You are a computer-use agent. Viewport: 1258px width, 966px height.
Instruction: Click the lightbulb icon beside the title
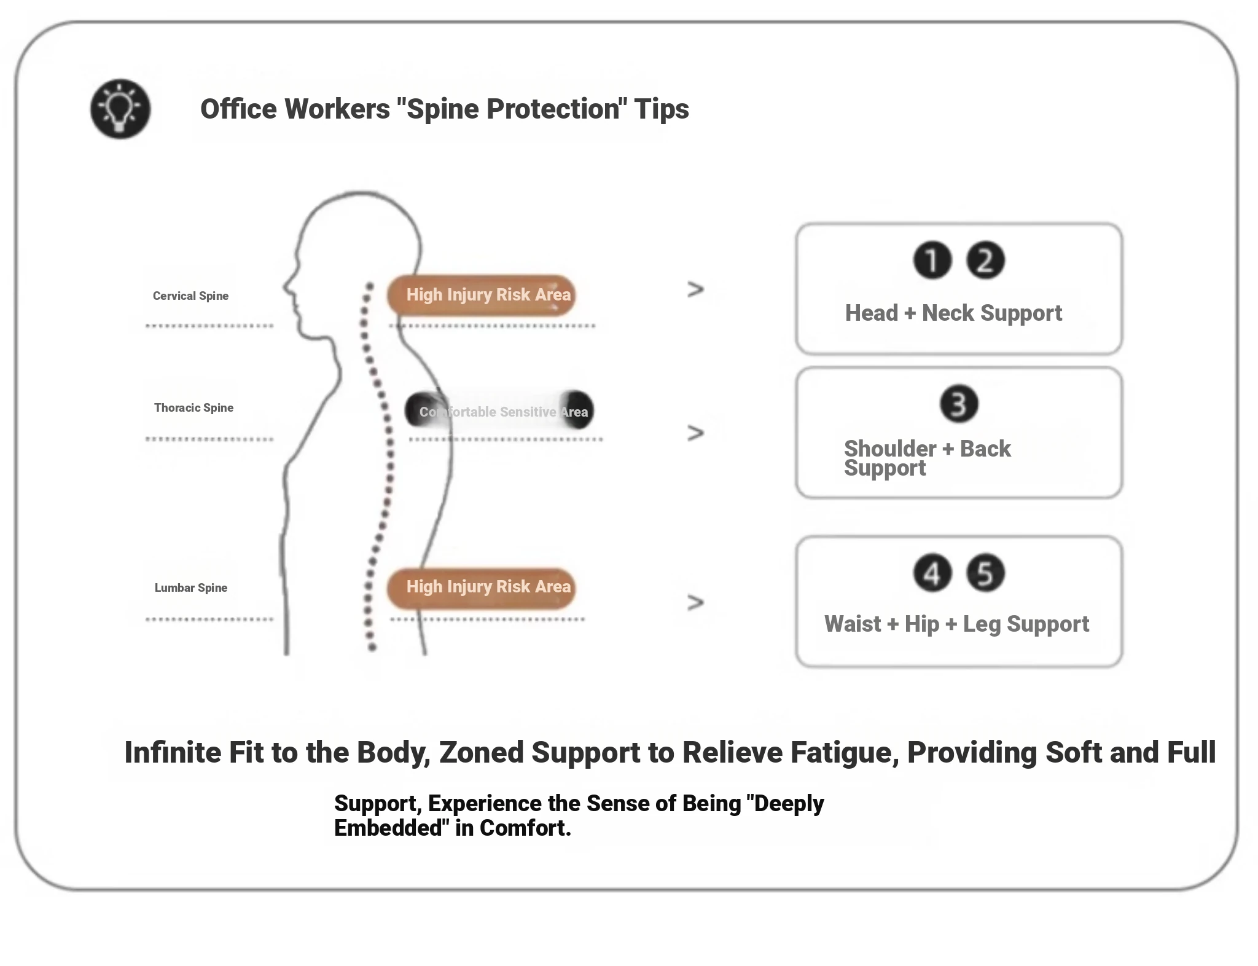pos(120,109)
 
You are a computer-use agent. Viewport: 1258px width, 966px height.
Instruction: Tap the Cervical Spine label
pos(190,296)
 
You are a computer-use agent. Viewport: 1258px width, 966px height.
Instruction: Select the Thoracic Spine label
pos(193,408)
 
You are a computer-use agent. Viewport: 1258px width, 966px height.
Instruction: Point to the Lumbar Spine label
pos(191,588)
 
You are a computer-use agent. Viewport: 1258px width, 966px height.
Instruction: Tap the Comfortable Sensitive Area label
pos(499,412)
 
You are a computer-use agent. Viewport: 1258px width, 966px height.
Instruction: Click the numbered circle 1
pos(932,261)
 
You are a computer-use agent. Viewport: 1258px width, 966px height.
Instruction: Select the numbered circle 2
pos(985,261)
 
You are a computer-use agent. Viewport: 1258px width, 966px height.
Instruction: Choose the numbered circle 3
pos(959,404)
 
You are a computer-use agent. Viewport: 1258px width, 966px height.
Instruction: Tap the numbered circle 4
pos(932,573)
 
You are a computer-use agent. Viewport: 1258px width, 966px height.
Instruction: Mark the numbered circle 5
pos(985,573)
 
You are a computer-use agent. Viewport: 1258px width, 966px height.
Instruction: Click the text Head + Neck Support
pos(953,313)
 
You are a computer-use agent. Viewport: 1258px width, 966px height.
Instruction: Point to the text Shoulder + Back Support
pos(927,458)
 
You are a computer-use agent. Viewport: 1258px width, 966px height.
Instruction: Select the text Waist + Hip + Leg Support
pos(956,624)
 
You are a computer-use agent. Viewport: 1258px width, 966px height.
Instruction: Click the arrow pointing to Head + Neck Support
pos(695,289)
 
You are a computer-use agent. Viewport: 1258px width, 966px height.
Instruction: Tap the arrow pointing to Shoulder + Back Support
pos(695,433)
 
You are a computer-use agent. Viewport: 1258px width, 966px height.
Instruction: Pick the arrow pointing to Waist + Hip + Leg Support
pos(695,602)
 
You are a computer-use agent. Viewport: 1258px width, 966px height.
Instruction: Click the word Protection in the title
pos(552,109)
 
